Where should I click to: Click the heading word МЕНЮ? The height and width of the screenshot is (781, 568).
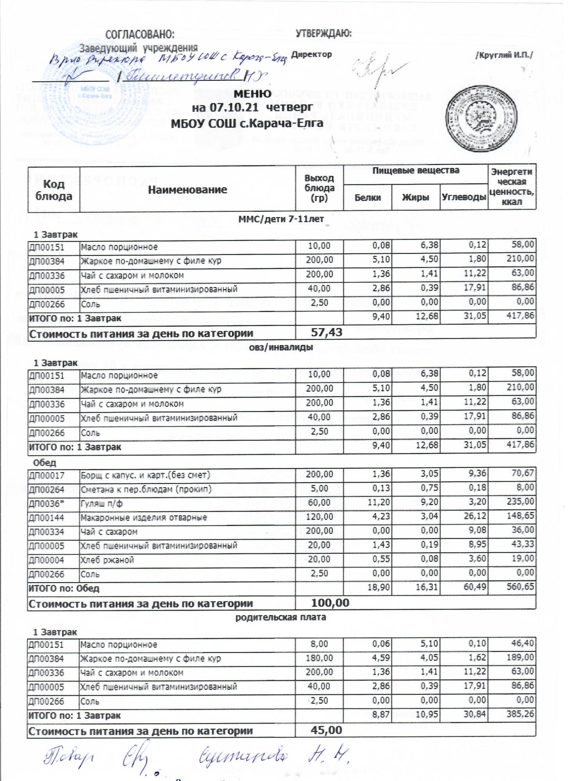coord(252,94)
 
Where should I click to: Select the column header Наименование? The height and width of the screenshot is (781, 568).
coord(187,190)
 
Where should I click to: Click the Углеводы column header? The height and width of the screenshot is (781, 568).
coord(464,198)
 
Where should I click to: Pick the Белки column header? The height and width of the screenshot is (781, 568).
coord(367,198)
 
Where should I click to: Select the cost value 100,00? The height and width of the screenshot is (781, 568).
coord(330,603)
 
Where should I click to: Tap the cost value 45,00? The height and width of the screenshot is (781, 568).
coord(326,730)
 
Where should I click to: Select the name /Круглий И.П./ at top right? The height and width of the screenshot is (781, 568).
coord(504,55)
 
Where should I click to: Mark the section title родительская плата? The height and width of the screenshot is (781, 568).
coord(280,617)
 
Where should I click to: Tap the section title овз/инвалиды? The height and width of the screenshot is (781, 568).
coord(281,347)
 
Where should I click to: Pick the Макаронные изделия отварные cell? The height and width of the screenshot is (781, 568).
coord(143,518)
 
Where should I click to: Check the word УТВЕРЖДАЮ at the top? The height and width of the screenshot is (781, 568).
coord(323,34)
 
